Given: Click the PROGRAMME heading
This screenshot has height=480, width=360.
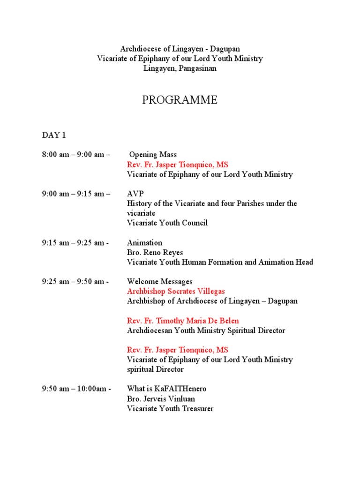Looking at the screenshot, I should (180, 100).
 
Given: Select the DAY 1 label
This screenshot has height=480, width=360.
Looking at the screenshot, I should (54, 135).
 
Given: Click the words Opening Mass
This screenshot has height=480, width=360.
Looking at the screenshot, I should (153, 155).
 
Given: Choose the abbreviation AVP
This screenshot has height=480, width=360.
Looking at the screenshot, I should (135, 194).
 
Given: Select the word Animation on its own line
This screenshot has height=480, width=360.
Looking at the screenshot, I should (144, 243).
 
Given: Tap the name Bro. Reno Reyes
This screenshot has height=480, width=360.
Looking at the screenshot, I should (155, 253).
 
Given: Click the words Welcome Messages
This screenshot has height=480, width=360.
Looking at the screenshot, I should (159, 282).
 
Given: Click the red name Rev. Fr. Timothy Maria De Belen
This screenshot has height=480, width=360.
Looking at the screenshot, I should (183, 321).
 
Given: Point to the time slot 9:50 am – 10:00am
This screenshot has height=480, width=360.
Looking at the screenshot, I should (76, 389).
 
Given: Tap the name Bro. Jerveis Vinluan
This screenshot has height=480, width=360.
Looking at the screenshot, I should (161, 399).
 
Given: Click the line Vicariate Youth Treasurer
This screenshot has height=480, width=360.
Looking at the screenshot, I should (170, 409).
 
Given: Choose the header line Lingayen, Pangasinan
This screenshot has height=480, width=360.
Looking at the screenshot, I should (180, 68).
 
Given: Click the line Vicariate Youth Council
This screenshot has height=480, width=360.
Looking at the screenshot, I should (167, 223).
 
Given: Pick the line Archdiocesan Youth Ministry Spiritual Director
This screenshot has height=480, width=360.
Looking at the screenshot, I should (206, 331).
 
